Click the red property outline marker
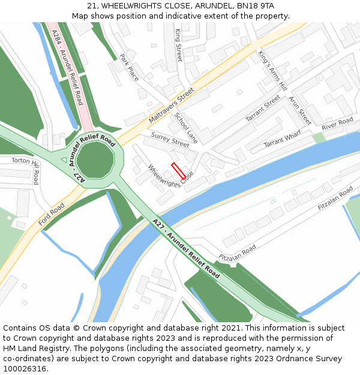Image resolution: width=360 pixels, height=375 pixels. [178, 170]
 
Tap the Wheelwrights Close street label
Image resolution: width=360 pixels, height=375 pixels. [170, 176]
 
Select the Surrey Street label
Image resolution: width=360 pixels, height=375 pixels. [170, 140]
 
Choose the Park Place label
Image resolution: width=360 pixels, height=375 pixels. [129, 67]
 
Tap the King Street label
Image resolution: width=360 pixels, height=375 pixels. [178, 45]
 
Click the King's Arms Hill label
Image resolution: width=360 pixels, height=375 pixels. [268, 67]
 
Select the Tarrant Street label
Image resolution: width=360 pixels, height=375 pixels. [263, 108]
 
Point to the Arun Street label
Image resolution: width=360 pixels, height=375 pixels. [300, 110]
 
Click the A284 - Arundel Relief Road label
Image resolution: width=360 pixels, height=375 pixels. [67, 67]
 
